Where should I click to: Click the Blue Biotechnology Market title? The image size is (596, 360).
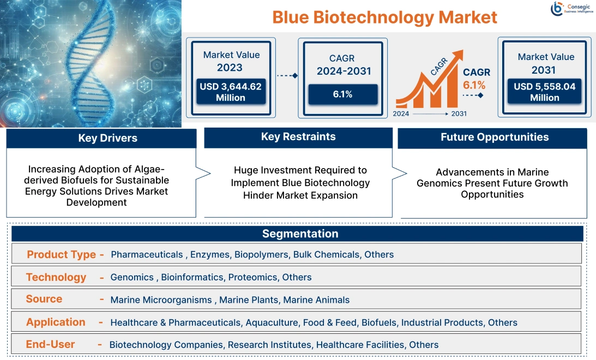click(384, 17)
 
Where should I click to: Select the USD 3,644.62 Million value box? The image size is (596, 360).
click(231, 92)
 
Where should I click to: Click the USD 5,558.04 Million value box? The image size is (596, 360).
click(544, 92)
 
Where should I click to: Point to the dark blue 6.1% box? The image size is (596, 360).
click(342, 94)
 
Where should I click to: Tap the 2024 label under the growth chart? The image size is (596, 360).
click(402, 114)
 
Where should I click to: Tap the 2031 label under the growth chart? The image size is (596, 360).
click(459, 114)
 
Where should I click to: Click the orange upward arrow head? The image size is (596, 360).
click(456, 55)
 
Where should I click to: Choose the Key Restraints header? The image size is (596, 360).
click(298, 137)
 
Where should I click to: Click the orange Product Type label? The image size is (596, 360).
click(61, 255)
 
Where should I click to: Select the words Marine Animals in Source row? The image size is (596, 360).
click(316, 299)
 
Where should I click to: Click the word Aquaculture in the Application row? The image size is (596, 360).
click(272, 322)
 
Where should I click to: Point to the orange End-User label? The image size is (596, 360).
click(51, 344)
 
